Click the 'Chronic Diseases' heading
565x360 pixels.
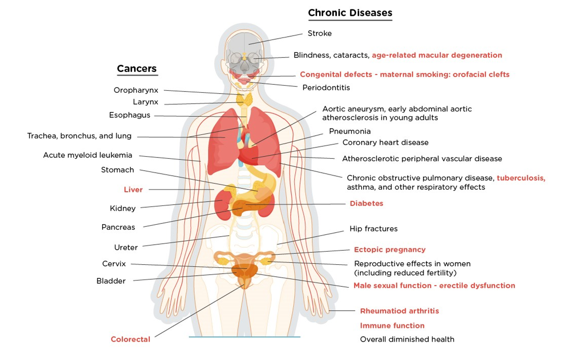(350, 13)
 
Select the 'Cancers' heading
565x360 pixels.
(137, 69)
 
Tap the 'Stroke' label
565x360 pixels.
(320, 33)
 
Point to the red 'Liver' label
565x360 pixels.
(133, 190)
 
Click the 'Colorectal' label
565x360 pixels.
(130, 339)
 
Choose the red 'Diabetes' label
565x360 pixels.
(366, 203)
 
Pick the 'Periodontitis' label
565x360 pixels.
(326, 88)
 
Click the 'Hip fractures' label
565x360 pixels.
(374, 229)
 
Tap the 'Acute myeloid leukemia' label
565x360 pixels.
(88, 155)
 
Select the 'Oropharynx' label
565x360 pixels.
(136, 90)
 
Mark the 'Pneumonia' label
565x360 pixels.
(350, 131)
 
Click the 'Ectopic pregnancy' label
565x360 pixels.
(390, 250)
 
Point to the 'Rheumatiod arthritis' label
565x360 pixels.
(399, 311)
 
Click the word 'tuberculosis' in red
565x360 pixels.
(521, 178)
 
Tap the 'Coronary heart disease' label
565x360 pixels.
(385, 143)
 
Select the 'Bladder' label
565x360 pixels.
(111, 281)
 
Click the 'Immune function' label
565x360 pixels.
(392, 326)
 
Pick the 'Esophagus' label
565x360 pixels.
(129, 115)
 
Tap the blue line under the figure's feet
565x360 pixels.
(244, 337)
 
